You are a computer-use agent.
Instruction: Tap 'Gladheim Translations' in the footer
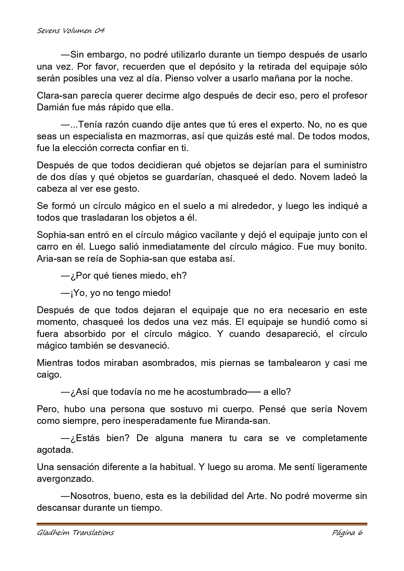[x=75, y=533]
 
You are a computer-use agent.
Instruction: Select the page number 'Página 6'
[x=347, y=533]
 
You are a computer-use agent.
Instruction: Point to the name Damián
[x=52, y=107]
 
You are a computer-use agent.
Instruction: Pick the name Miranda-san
[x=243, y=421]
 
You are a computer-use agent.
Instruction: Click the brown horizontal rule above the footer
[x=202, y=524]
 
